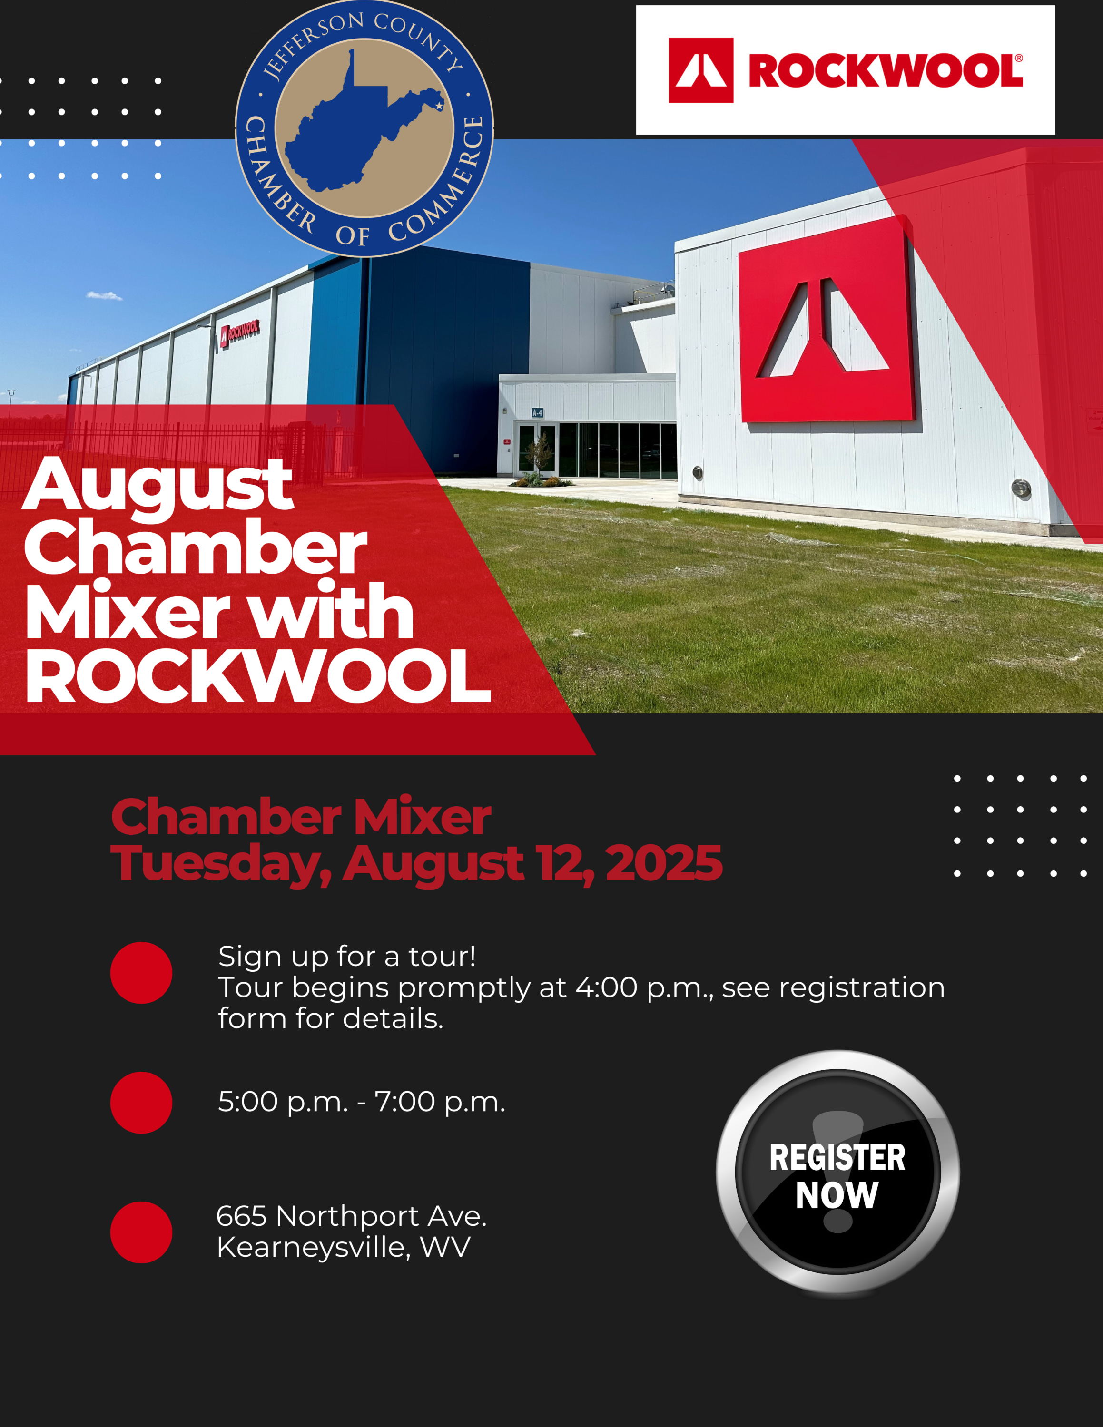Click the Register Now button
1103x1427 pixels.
tap(837, 1173)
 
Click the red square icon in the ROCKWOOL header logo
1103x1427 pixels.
tap(700, 70)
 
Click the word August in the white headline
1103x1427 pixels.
tap(158, 486)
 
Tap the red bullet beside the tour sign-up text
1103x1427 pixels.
tap(141, 972)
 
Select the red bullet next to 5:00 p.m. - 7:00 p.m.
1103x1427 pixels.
tap(141, 1102)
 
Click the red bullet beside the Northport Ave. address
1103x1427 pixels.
tap(141, 1232)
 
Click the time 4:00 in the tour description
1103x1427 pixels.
tap(606, 987)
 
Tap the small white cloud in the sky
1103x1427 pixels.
tap(104, 296)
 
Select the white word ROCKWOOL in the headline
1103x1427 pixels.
tap(258, 676)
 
